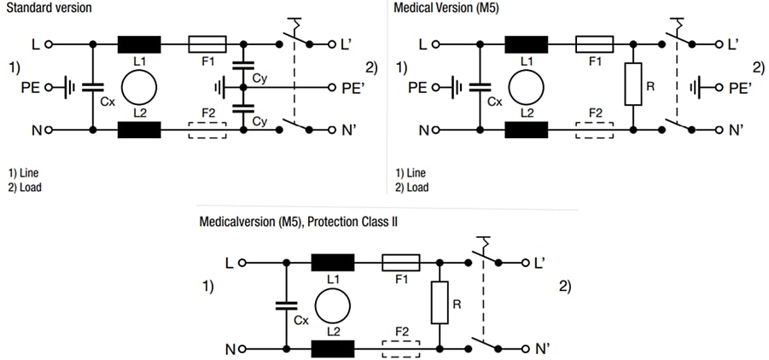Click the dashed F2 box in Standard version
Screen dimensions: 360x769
[207, 130]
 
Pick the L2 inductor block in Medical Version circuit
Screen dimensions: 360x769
[527, 130]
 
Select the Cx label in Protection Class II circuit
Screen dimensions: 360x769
[300, 321]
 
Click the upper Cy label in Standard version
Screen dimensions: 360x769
[259, 78]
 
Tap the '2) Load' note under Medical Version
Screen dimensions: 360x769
[411, 188]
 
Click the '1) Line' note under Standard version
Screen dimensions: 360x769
[23, 172]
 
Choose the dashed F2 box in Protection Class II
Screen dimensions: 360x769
[399, 349]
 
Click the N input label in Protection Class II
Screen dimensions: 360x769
[230, 349]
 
